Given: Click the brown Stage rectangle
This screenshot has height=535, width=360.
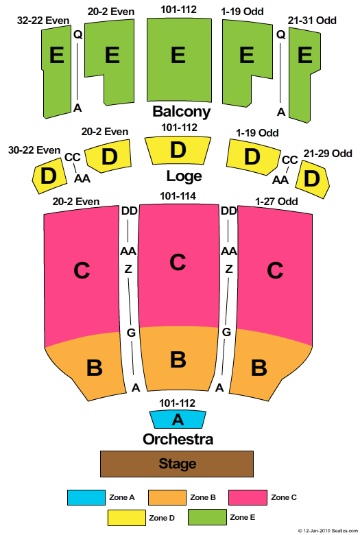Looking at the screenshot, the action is (177, 464).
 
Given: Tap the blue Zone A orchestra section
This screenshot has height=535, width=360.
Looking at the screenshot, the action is (178, 419).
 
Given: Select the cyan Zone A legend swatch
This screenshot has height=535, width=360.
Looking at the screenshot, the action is (86, 497).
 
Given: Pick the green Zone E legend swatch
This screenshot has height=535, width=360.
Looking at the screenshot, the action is (207, 517).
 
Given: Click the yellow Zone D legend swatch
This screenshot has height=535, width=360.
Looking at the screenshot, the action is (126, 518).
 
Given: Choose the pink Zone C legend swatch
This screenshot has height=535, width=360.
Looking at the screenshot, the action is (248, 497).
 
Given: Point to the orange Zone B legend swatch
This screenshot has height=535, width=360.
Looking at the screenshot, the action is (167, 497).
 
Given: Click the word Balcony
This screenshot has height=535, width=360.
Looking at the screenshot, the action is (182, 112).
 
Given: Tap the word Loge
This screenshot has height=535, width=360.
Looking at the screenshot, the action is (184, 176).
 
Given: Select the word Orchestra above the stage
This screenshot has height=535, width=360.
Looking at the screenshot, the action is (178, 439).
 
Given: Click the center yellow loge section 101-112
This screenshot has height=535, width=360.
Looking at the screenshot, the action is (178, 150).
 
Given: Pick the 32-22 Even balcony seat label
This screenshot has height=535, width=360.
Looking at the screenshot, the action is (43, 21).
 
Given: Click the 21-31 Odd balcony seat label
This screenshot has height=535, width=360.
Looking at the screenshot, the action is (312, 21).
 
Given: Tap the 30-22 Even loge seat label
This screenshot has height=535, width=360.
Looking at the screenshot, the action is (34, 150).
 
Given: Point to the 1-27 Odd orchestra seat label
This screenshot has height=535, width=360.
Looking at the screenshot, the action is (276, 201).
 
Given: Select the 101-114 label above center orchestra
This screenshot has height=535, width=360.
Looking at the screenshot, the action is (178, 196).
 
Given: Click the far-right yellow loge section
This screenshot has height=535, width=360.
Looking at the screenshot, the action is (312, 179).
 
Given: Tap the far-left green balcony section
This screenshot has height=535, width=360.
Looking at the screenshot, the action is (56, 72).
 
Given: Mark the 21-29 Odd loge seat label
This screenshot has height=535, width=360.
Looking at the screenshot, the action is (328, 154).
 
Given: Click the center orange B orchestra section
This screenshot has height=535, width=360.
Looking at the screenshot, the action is (178, 359).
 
